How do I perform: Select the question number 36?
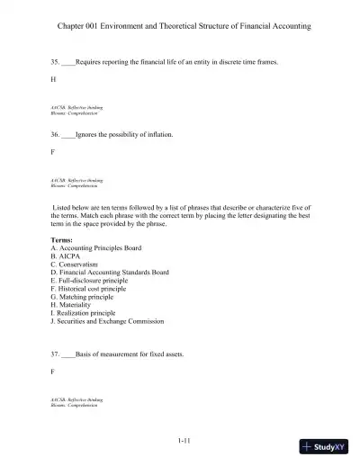(x=55, y=135)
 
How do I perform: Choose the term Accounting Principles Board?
(x=100, y=248)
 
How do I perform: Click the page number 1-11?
(x=183, y=440)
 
